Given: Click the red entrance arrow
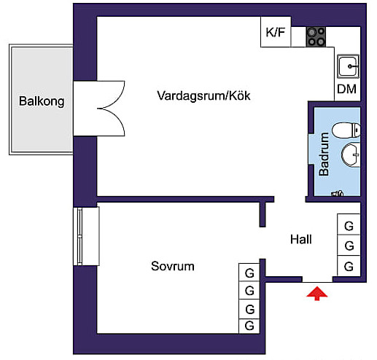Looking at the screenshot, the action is pyautogui.click(x=317, y=294).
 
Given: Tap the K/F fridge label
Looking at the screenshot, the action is pyautogui.click(x=276, y=32).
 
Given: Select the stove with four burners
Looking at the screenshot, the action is pyautogui.click(x=316, y=36).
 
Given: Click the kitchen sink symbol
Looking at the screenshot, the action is pyautogui.click(x=348, y=66).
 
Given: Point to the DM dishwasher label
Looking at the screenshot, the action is pyautogui.click(x=347, y=89).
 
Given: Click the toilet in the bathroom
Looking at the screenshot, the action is pyautogui.click(x=346, y=130).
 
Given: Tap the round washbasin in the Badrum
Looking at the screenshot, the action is pyautogui.click(x=351, y=155).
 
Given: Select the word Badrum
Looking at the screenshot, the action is pyautogui.click(x=324, y=154).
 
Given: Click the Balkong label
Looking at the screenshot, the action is pyautogui.click(x=42, y=101).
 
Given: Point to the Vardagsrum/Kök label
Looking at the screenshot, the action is pyautogui.click(x=203, y=95).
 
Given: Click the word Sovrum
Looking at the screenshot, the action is pyautogui.click(x=173, y=266).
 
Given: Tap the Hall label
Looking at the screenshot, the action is pyautogui.click(x=301, y=240).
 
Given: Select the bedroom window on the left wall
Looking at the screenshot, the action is pyautogui.click(x=86, y=236).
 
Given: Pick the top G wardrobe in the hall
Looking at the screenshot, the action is pyautogui.click(x=349, y=224).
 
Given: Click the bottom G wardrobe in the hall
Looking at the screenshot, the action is pyautogui.click(x=349, y=266).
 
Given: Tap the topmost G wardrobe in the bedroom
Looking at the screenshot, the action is pyautogui.click(x=249, y=273).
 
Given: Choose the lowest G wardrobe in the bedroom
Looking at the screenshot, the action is pyautogui.click(x=249, y=326).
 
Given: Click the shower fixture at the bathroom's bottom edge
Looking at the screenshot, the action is pyautogui.click(x=338, y=193).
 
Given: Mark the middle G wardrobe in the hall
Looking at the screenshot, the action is pyautogui.click(x=349, y=245).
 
